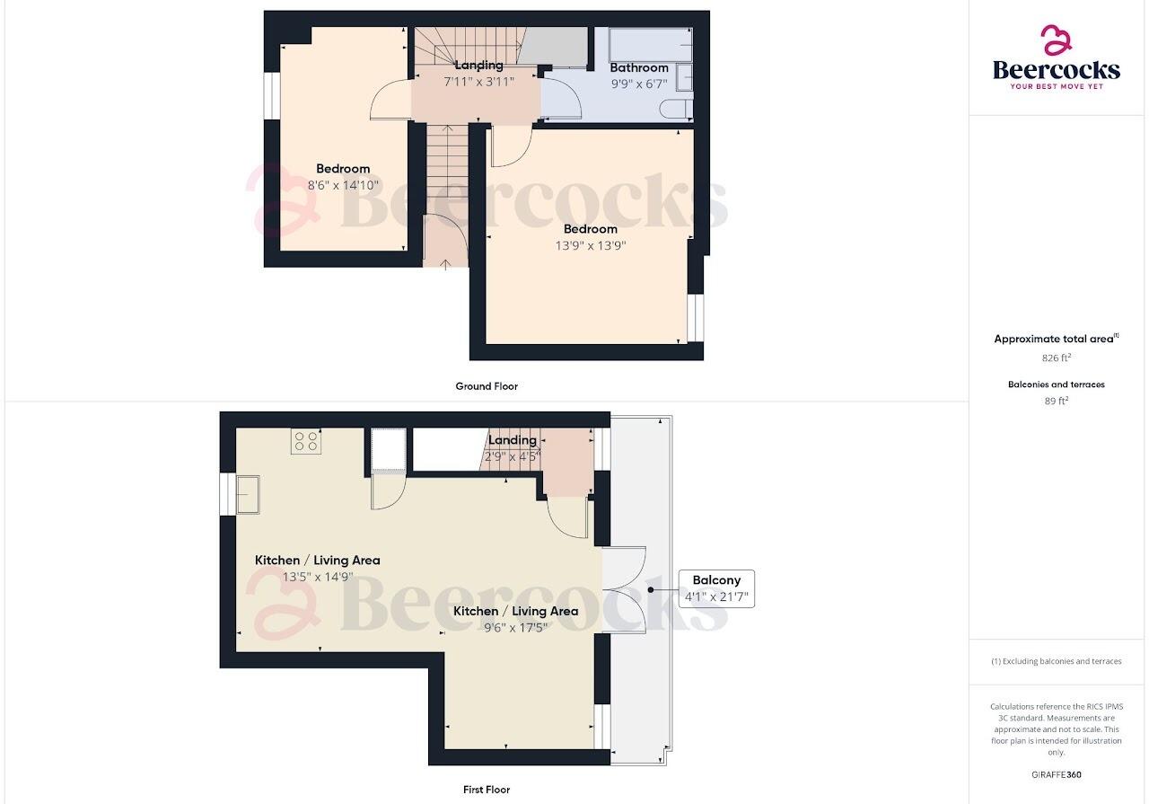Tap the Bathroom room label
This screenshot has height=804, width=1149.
[639, 67]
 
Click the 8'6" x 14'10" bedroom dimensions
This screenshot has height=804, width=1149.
[343, 185]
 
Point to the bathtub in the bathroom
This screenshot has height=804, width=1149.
[650, 42]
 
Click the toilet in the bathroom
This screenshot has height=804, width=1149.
[676, 110]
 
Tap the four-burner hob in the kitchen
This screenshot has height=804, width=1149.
[305, 441]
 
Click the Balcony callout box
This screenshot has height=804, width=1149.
[715, 588]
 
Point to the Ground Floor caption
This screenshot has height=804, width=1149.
[487, 386]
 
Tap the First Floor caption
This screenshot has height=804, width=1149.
[487, 790]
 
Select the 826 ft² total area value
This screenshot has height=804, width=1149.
[1056, 357]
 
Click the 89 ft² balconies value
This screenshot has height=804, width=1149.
[1056, 401]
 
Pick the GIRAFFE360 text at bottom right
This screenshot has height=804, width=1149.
[1057, 774]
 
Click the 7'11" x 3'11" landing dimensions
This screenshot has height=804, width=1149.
[478, 81]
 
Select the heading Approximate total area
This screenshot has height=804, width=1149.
[1054, 339]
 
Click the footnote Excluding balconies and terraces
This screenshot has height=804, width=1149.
[1056, 661]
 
